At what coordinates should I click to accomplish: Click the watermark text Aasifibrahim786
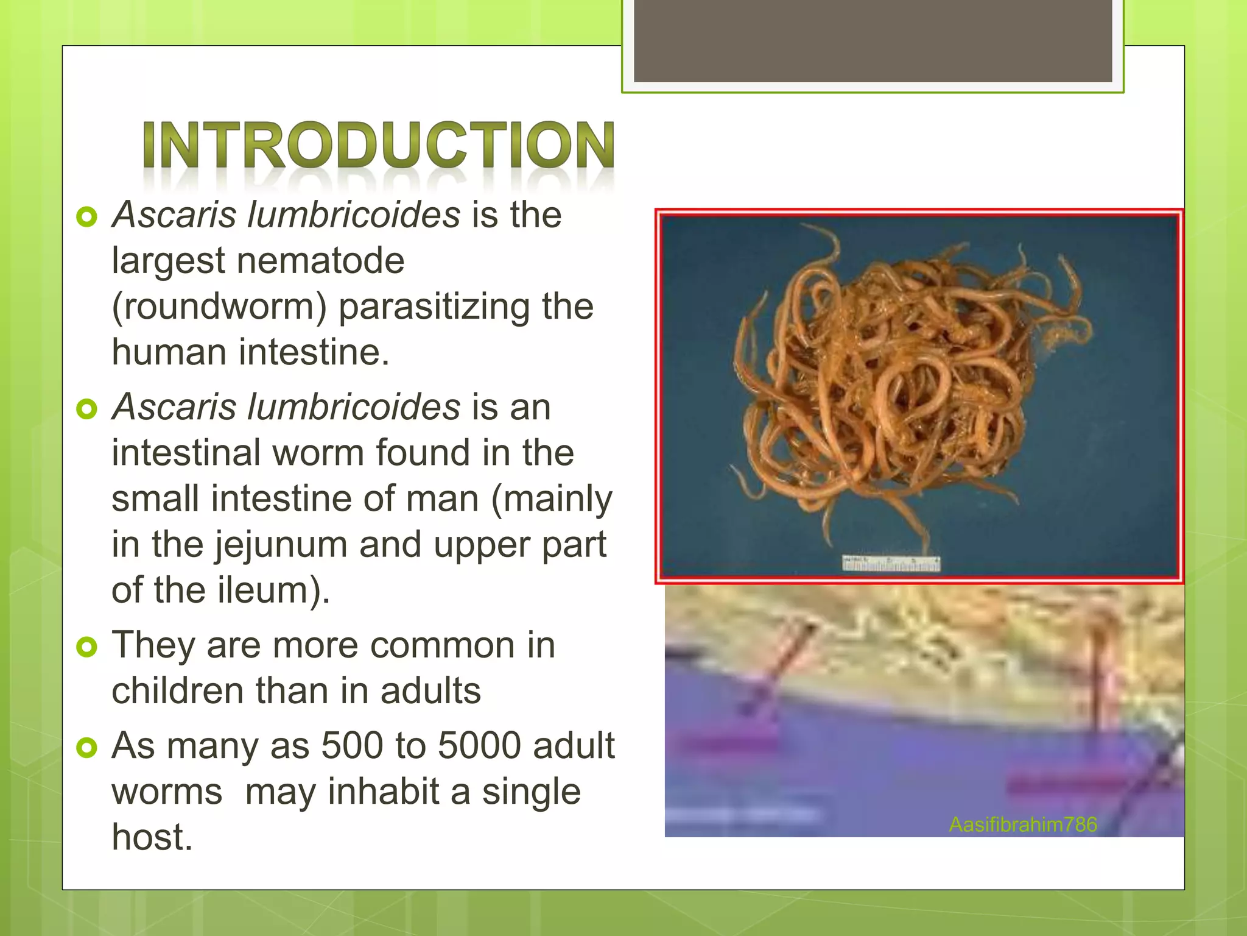coord(1022,824)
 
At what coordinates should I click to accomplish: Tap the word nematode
coord(320,261)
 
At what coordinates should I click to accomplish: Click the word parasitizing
coord(434,307)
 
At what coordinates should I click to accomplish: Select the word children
coord(177,691)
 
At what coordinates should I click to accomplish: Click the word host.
coord(152,837)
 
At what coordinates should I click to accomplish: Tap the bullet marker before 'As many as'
coord(87,748)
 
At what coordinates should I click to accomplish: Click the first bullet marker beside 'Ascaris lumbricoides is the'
coord(87,217)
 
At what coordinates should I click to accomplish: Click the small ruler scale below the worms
coord(891,564)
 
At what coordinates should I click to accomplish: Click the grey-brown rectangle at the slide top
coord(873,40)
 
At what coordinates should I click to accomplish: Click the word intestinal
coord(186,453)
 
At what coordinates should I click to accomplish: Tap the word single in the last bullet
coord(531,792)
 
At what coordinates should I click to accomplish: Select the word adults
coord(430,691)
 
